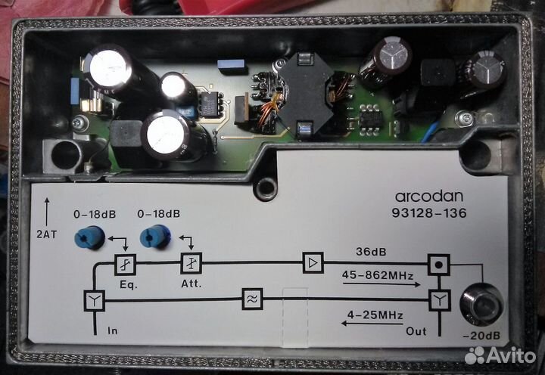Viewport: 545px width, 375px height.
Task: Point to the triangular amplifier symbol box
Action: click(x=313, y=263)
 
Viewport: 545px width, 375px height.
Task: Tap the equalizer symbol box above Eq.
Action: click(x=125, y=264)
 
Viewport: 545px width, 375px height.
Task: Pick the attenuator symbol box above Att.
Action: click(x=190, y=264)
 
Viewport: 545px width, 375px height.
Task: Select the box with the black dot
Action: click(x=438, y=265)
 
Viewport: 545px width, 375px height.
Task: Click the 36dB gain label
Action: click(x=371, y=250)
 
